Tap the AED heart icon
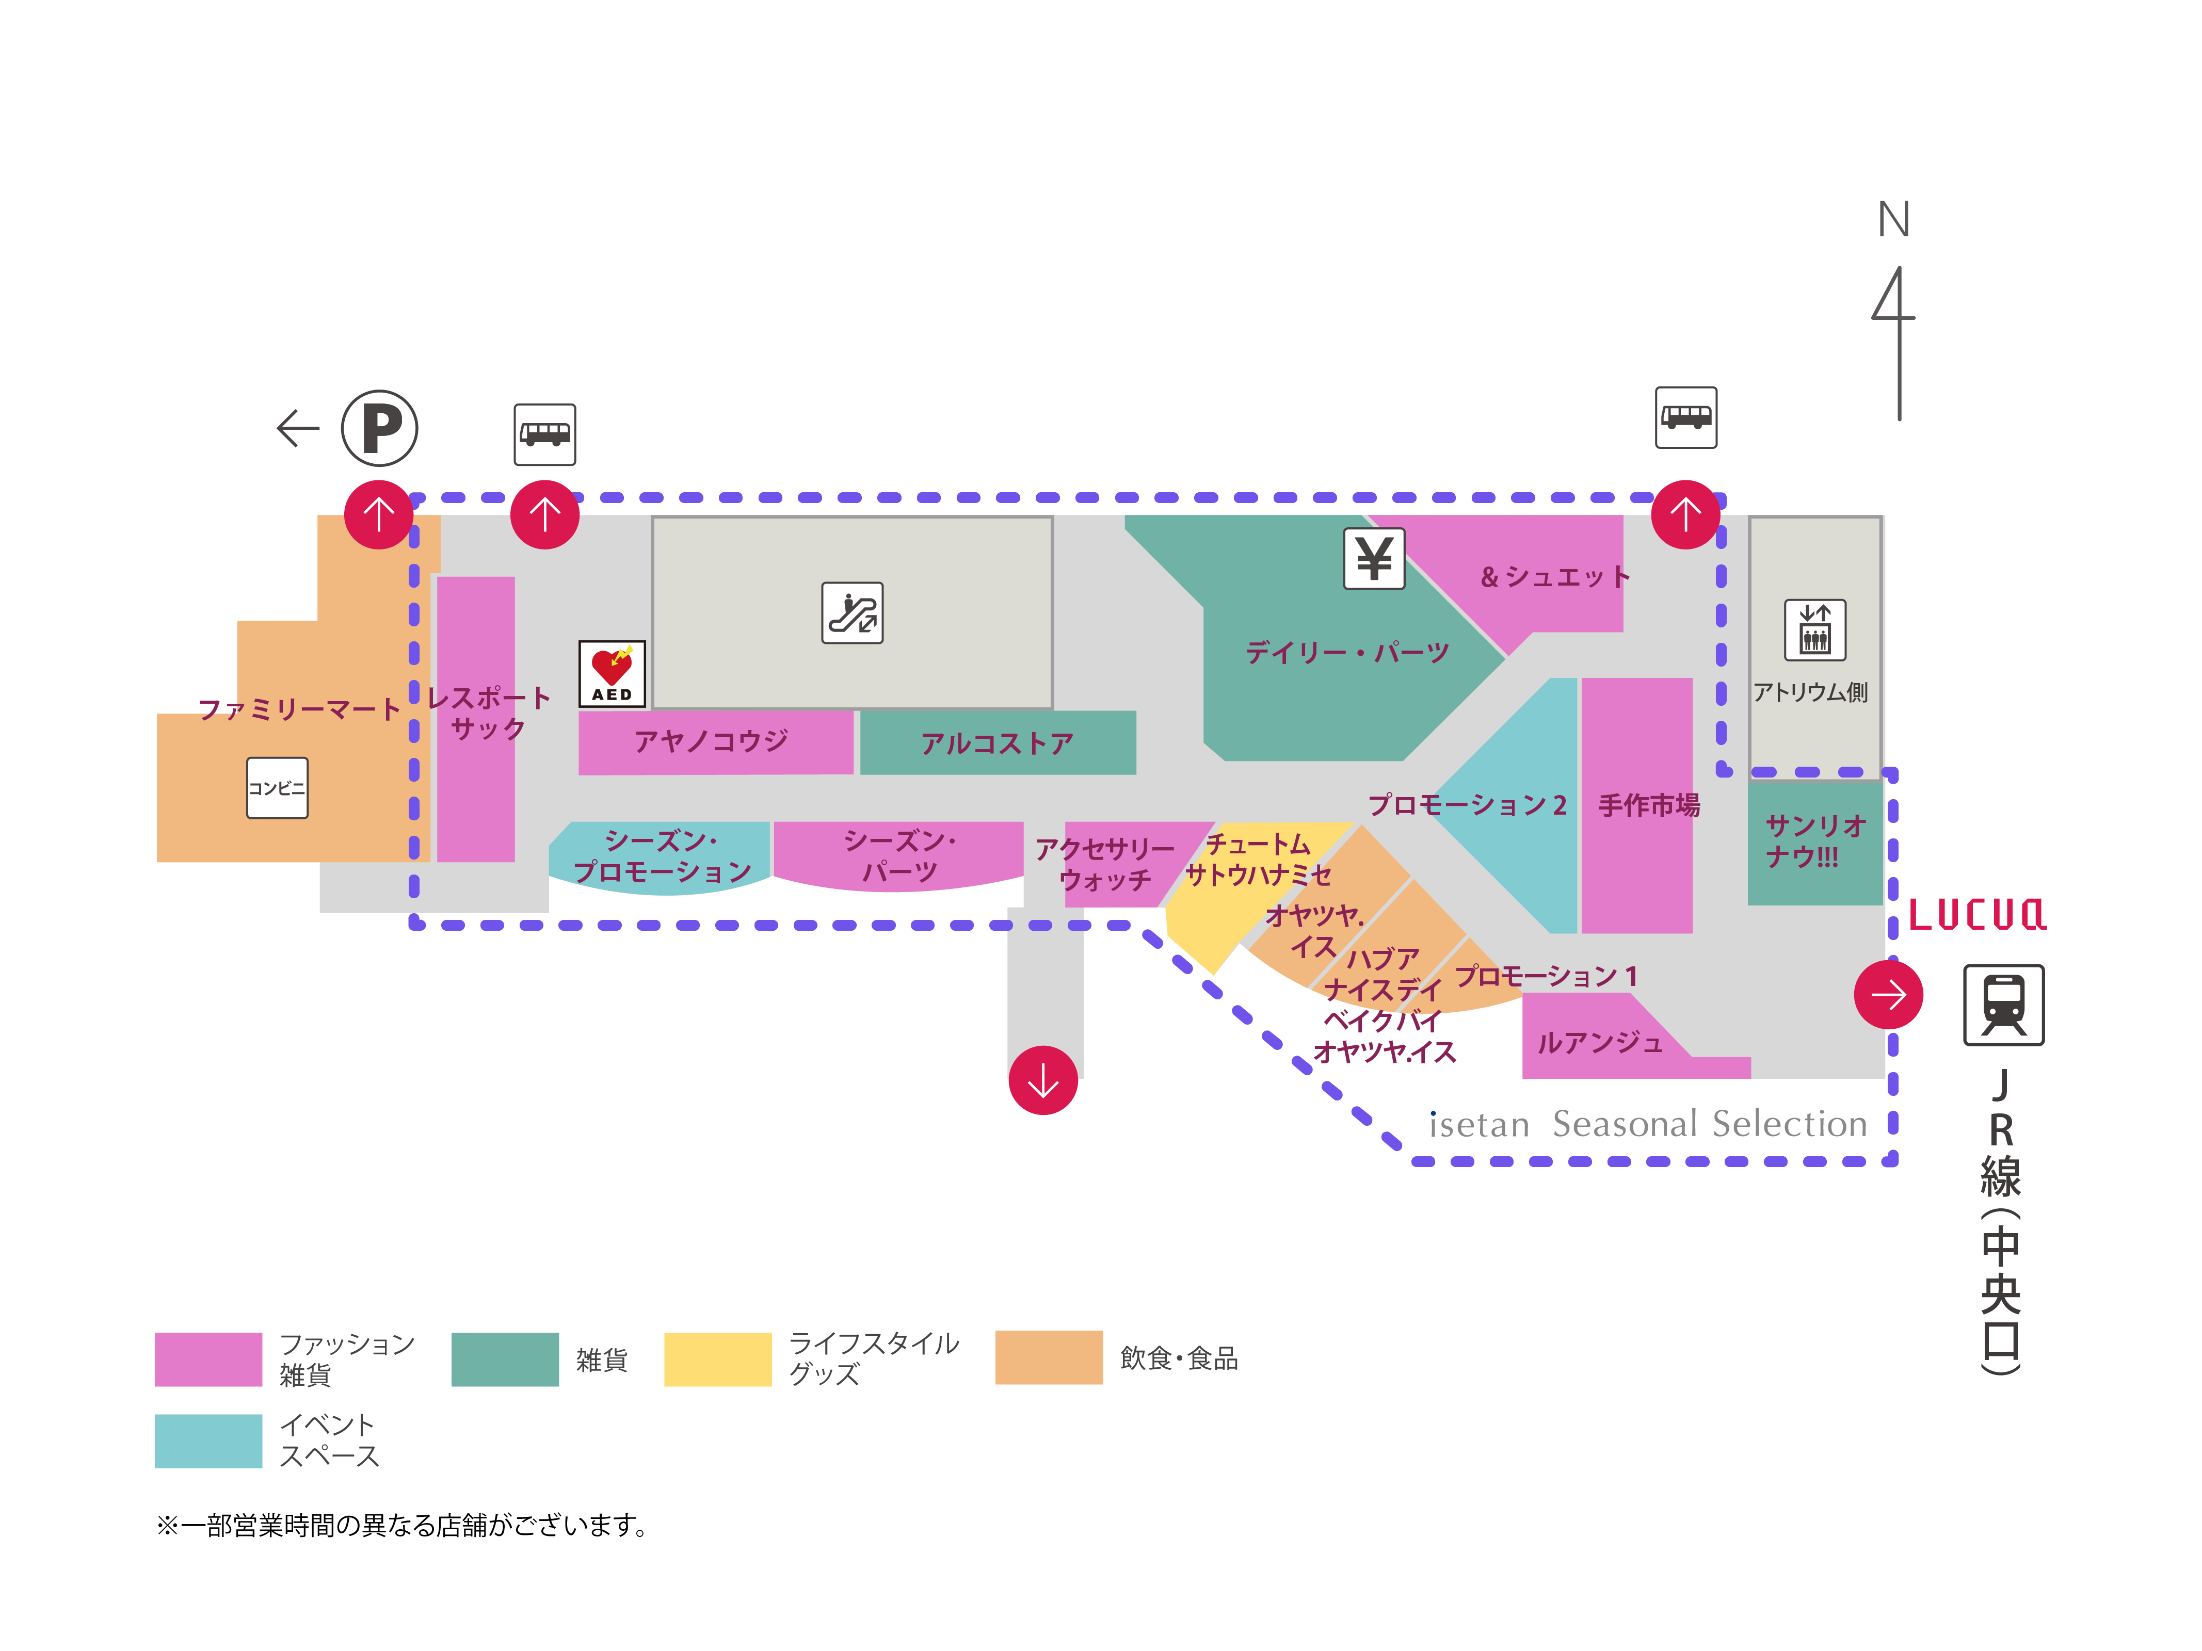click(x=611, y=673)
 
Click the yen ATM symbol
click(x=1374, y=558)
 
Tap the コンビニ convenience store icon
click(x=277, y=788)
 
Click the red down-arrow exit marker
click(x=1042, y=1080)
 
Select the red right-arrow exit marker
click(x=1887, y=994)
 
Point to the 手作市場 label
click(x=1648, y=805)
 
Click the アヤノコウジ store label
click(x=711, y=740)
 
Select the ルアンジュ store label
click(x=1599, y=1043)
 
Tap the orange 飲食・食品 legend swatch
click(x=1048, y=1357)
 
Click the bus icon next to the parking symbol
click(x=544, y=434)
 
